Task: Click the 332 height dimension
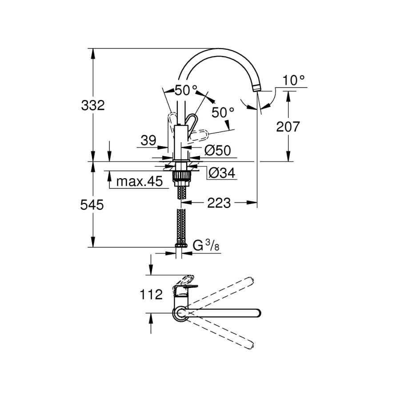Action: [x=93, y=105]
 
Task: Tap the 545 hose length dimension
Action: [x=92, y=204]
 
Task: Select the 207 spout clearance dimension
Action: [x=288, y=127]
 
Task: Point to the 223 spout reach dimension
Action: [x=219, y=203]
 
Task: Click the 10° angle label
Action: [x=293, y=80]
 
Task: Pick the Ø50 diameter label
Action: [x=218, y=151]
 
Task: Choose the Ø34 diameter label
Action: [x=222, y=173]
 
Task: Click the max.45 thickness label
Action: [x=139, y=181]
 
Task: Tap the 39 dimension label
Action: [x=148, y=140]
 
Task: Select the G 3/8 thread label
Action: [x=206, y=246]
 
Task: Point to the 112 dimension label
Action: [x=151, y=295]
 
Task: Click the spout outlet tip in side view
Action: [x=256, y=88]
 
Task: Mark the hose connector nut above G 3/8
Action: [x=181, y=245]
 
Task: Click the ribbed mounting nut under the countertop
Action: [x=181, y=176]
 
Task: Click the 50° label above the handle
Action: [x=186, y=90]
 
